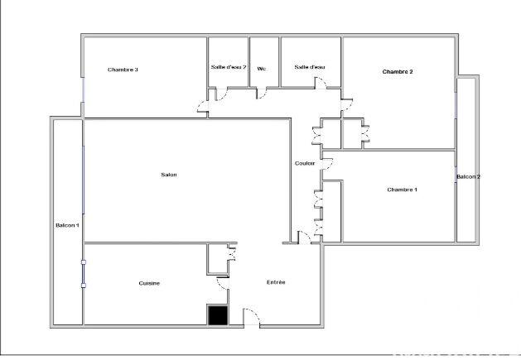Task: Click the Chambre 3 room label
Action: pos(123,70)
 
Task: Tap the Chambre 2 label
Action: pos(398,72)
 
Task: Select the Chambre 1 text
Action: pos(403,190)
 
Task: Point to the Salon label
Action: pos(169,175)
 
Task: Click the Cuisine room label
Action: pos(149,284)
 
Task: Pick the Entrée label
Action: pos(276,282)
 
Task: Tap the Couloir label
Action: pos(305,163)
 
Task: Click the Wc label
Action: pos(262,69)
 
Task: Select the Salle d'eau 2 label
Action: pos(229,67)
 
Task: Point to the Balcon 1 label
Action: pos(67,226)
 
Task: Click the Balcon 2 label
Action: pos(468,177)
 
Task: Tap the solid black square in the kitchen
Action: pos(217,314)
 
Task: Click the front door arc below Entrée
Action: pos(251,317)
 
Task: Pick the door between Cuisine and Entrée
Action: pos(223,284)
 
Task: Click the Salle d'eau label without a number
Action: pos(310,67)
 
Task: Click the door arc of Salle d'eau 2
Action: pos(223,92)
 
